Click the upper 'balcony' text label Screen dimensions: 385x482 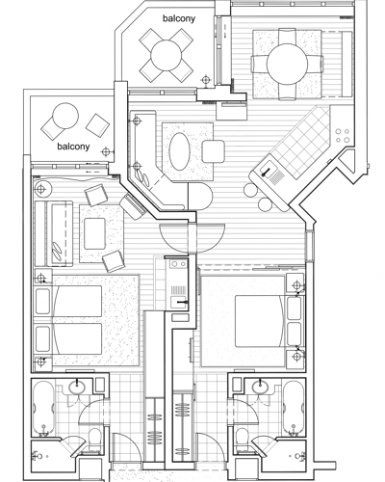(179, 18)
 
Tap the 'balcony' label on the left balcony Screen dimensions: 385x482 (73, 147)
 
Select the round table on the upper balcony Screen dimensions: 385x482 (167, 55)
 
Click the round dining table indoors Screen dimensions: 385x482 (288, 65)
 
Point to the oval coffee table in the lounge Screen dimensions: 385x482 (180, 151)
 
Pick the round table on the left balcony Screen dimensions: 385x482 (65, 116)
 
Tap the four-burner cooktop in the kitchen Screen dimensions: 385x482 (342, 136)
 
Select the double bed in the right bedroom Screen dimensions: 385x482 (261, 321)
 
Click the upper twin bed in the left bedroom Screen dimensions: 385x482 (68, 301)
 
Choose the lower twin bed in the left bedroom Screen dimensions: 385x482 (68, 339)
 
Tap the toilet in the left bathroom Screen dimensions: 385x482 (94, 440)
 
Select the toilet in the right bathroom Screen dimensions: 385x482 (242, 440)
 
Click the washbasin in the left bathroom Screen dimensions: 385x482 (77, 387)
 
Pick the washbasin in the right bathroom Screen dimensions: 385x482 (260, 387)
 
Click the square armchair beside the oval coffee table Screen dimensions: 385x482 (213, 151)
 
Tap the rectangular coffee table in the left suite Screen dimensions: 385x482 (94, 233)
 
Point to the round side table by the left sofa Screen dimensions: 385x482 (41, 189)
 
